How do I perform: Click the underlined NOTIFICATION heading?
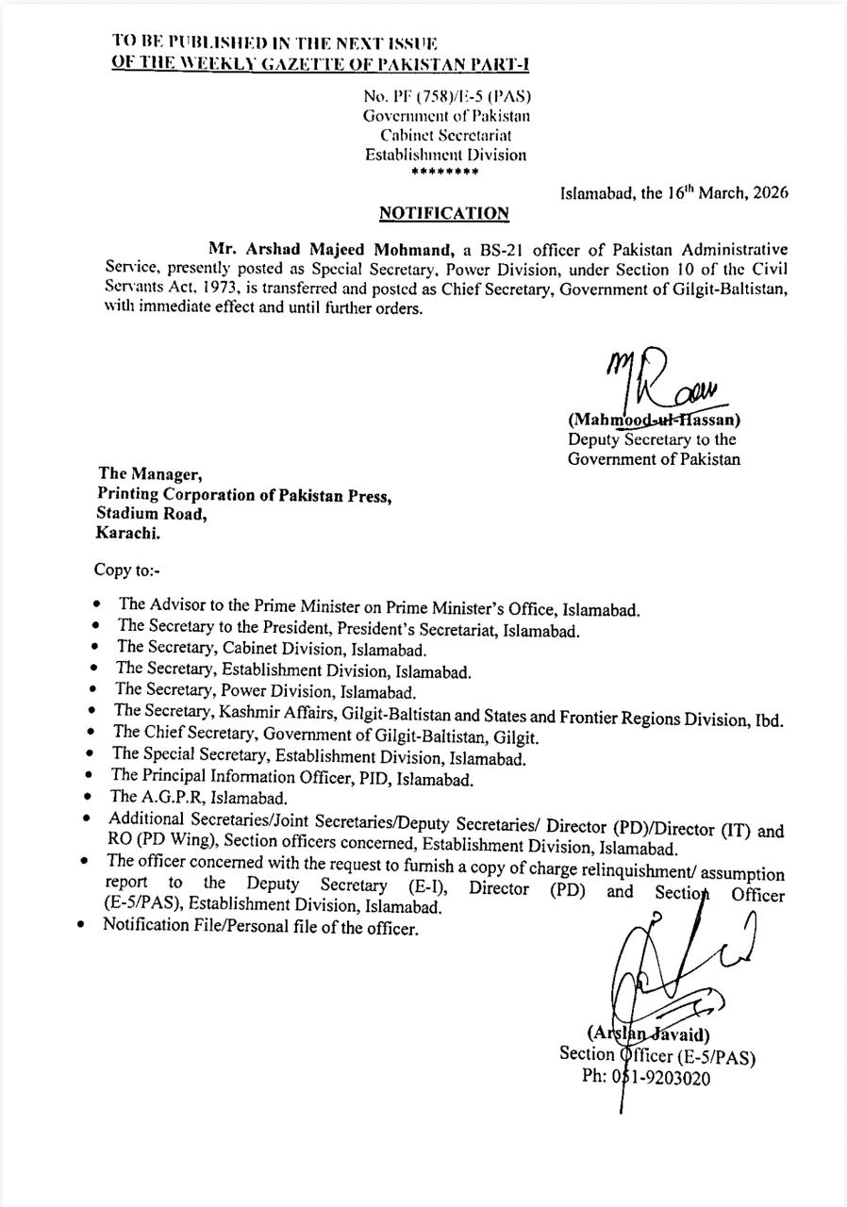point(443,213)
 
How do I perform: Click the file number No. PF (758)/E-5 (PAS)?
point(446,95)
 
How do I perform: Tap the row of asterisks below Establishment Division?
point(445,172)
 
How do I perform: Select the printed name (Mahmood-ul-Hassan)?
point(654,420)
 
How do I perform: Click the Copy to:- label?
point(126,570)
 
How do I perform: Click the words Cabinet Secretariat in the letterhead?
point(445,135)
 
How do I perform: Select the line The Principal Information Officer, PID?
point(291,777)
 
